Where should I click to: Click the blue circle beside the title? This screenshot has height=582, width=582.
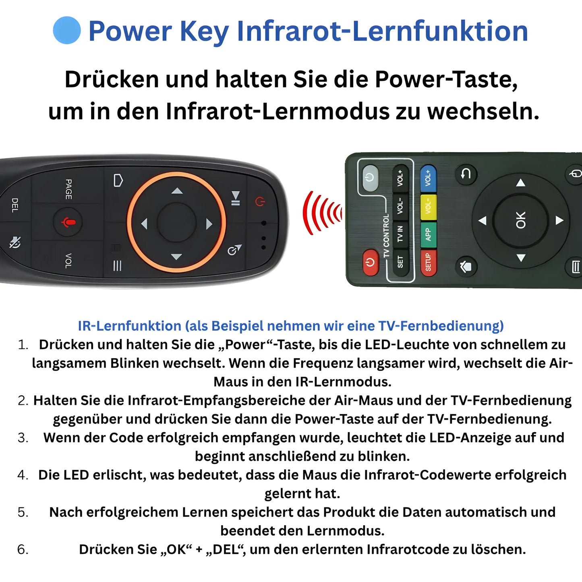click(x=67, y=30)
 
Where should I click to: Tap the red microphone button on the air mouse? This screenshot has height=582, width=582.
click(x=68, y=222)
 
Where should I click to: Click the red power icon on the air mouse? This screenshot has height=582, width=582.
click(x=260, y=201)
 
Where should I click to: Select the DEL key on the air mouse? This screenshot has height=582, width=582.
click(x=15, y=205)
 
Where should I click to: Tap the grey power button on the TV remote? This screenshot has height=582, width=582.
click(x=370, y=177)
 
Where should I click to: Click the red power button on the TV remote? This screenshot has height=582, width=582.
click(x=370, y=263)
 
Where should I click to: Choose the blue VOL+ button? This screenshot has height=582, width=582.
click(x=428, y=178)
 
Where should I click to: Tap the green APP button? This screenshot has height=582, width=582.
click(x=428, y=234)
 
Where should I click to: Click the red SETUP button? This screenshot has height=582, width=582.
click(x=428, y=262)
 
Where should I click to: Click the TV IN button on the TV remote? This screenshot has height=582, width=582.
click(x=400, y=234)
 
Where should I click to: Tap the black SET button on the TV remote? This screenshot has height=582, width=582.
click(x=400, y=262)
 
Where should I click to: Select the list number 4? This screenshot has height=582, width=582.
click(x=23, y=475)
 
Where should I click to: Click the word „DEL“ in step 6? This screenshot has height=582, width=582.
click(x=225, y=549)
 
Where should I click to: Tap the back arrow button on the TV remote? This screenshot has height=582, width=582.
click(x=466, y=174)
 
